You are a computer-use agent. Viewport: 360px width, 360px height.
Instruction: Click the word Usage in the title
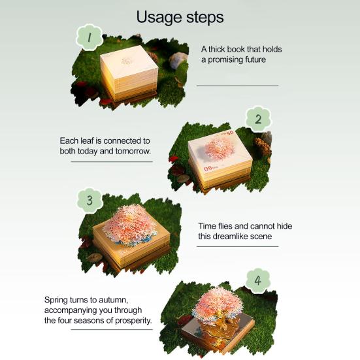[159, 18]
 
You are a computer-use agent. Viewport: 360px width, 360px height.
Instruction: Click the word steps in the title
[205, 18]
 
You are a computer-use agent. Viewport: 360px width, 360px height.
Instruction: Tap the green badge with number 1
[89, 37]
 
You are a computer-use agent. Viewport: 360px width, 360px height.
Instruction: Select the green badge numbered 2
[258, 120]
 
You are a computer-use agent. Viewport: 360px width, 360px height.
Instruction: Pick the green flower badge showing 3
[90, 200]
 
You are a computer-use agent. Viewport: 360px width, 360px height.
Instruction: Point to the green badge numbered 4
[258, 280]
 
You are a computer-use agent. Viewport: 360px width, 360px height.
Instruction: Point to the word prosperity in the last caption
[133, 321]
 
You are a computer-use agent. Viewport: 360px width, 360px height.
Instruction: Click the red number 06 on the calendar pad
[208, 169]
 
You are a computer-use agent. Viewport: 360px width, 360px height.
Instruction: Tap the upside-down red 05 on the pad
[230, 133]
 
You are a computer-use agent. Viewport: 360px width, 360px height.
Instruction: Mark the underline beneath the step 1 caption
[237, 86]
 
